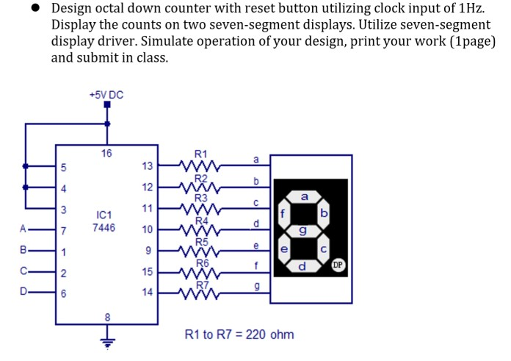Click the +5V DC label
click(x=106, y=95)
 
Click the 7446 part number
click(x=104, y=228)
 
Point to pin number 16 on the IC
click(x=107, y=154)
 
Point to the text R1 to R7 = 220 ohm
click(x=239, y=335)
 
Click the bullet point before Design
click(x=34, y=9)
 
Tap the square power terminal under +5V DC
click(x=108, y=106)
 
